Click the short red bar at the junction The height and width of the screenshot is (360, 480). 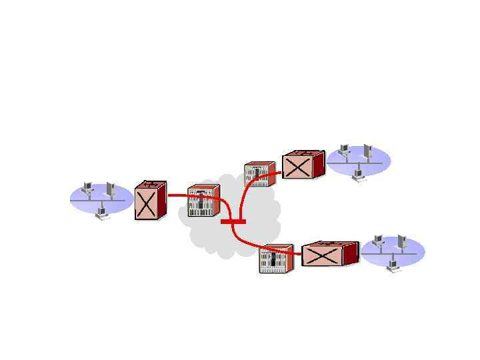233,221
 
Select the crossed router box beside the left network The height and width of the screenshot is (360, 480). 149,201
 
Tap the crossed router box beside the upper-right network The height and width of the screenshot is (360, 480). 302,165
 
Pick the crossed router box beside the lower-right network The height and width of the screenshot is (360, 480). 329,254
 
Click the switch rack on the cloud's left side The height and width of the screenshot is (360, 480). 202,201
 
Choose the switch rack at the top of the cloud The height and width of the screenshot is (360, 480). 259,174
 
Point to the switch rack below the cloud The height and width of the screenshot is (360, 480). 276,259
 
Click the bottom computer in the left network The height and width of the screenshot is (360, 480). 102,213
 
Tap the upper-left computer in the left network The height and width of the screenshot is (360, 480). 87,188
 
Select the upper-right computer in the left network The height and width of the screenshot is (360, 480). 111,189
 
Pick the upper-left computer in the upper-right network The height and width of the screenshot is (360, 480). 344,150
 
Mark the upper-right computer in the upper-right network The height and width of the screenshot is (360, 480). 367,151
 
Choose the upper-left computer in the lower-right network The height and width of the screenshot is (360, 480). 378,241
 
